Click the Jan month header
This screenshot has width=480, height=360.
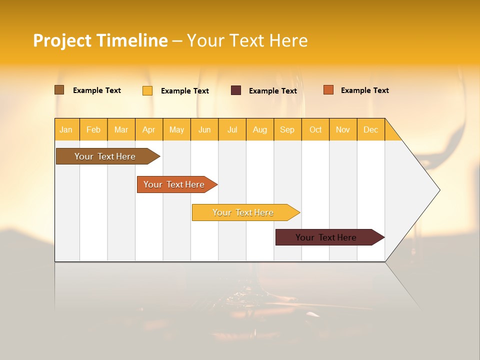click(x=66, y=129)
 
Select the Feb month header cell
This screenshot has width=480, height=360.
click(x=93, y=129)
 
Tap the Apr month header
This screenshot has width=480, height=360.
click(x=149, y=129)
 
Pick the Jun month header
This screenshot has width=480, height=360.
click(x=204, y=129)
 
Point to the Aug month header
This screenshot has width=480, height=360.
click(x=260, y=129)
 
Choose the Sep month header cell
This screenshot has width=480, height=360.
click(x=287, y=129)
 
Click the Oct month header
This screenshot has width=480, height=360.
click(x=315, y=129)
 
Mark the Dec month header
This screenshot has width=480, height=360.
click(x=371, y=129)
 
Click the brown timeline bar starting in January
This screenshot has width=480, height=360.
click(x=105, y=156)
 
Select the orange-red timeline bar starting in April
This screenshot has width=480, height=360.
click(x=174, y=184)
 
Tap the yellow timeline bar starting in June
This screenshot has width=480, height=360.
click(x=243, y=212)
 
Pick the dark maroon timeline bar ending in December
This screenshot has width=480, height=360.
click(x=326, y=237)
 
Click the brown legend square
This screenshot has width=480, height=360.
click(x=59, y=90)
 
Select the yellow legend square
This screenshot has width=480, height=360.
click(x=147, y=90)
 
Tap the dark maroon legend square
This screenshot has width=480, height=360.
click(x=236, y=90)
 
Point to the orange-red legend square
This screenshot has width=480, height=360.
click(x=328, y=90)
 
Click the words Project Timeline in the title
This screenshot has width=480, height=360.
click(x=100, y=40)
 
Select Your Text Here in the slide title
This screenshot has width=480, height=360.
click(x=247, y=40)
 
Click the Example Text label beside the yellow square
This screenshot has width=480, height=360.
click(x=185, y=91)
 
